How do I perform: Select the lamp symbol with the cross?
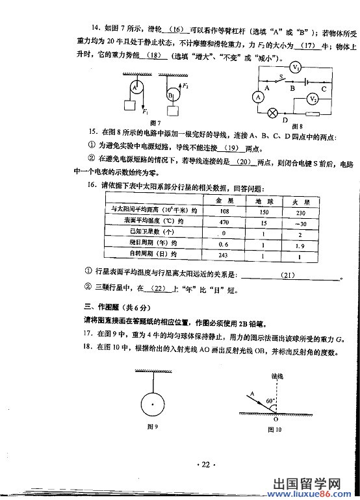pyautogui.click(x=273, y=112)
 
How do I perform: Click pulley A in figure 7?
pyautogui.click(x=135, y=86)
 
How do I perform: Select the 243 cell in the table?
pyautogui.click(x=223, y=255)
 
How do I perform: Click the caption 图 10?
pyautogui.click(x=276, y=429)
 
